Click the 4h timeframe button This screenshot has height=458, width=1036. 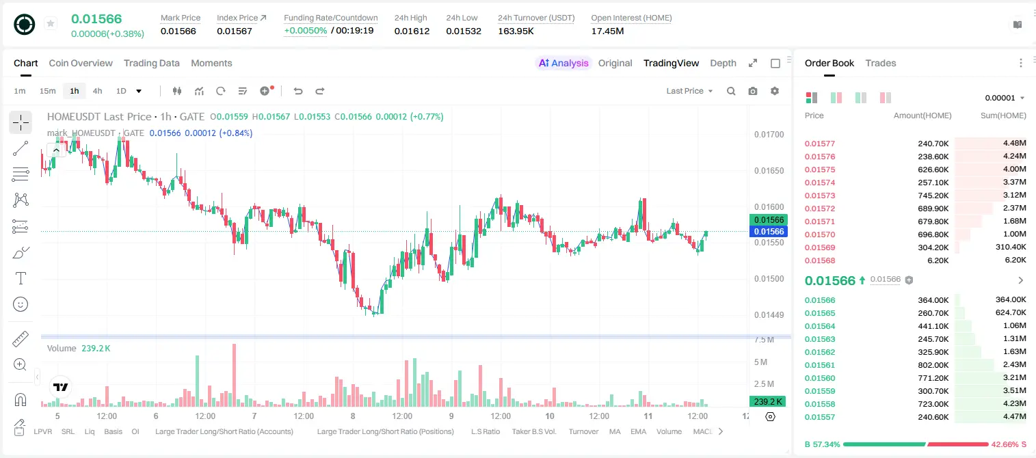coord(97,91)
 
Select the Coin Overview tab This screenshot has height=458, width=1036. coord(81,63)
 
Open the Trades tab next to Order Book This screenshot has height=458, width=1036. coord(881,63)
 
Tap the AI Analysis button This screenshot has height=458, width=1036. coord(563,63)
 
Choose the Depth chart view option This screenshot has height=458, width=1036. coord(723,63)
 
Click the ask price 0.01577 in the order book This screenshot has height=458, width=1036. coord(819,144)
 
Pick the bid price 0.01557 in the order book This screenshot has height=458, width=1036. coord(819,417)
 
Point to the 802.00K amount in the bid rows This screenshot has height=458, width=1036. coord(933,365)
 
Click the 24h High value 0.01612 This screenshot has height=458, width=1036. coord(412,31)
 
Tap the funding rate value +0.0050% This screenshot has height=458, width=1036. coord(305,31)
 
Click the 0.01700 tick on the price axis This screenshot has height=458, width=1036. coord(769,135)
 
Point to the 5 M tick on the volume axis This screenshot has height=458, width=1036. coord(760,362)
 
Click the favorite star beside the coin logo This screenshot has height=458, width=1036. coord(51,23)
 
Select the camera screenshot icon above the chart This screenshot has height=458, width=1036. coord(753,91)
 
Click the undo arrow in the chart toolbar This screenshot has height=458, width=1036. coord(298,91)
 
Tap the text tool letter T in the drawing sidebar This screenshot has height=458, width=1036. coord(21,278)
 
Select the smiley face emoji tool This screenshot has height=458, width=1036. coord(21,304)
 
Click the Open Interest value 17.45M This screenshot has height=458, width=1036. coord(607,31)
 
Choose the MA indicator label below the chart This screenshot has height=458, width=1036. coord(615,431)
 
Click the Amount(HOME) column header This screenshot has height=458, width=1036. coord(922,116)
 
